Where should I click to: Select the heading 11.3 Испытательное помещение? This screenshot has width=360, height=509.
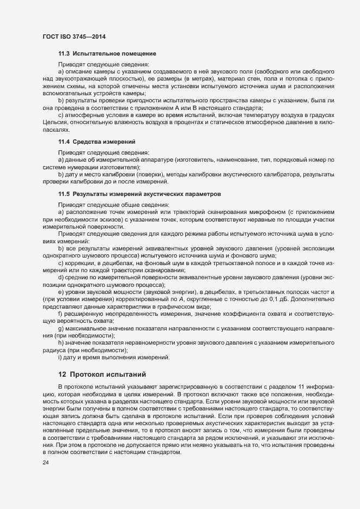click(107, 54)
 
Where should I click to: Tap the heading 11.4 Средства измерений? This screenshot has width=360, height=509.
click(97, 142)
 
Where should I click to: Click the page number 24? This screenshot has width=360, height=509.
click(45, 462)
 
